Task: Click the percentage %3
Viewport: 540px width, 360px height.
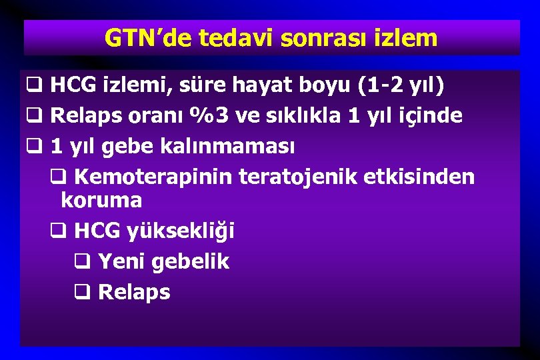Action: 209,115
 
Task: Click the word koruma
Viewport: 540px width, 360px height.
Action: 101,200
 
